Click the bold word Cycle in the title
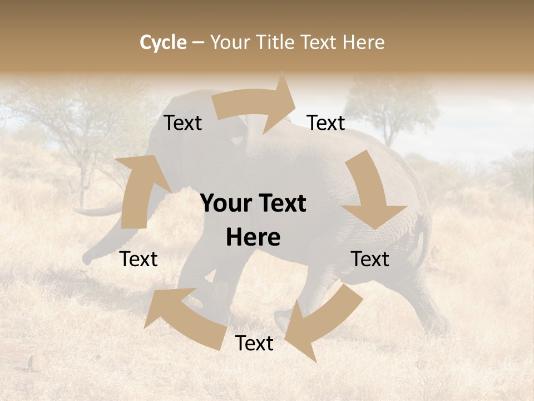click(x=163, y=42)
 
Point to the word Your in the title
click(x=229, y=42)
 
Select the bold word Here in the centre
click(x=253, y=237)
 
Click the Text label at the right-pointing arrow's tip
click(x=326, y=123)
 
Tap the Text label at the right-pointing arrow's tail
click(x=182, y=123)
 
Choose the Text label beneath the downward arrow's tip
click(x=370, y=259)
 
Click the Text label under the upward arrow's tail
click(x=139, y=259)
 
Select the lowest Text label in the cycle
click(x=254, y=344)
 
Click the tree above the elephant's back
click(x=389, y=109)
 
